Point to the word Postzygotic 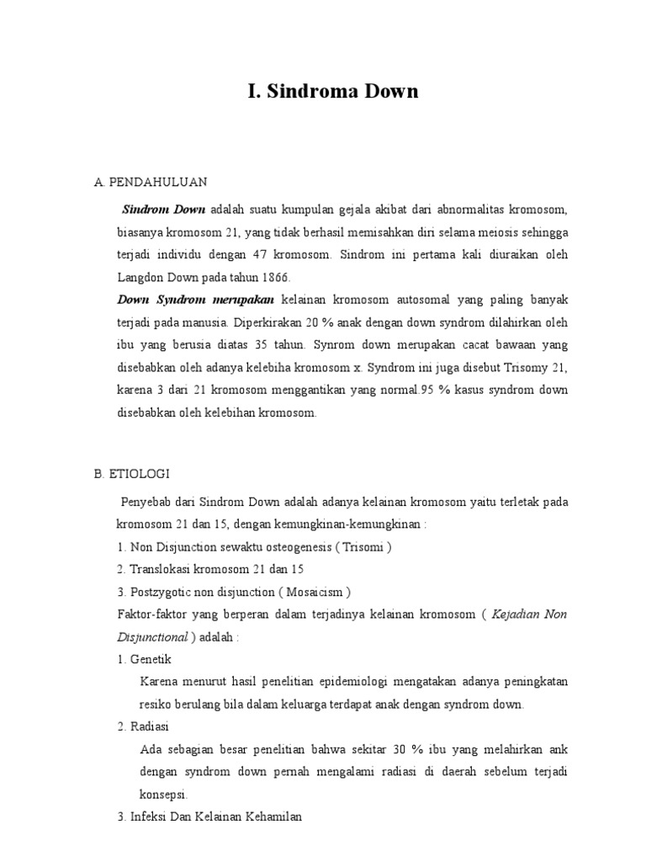161,592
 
